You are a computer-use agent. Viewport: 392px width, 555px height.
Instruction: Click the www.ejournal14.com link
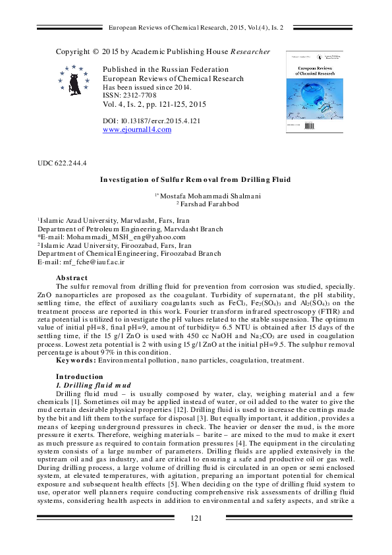137,130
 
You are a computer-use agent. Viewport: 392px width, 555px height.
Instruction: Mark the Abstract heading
72,278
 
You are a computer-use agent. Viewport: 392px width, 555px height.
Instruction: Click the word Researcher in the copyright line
250,51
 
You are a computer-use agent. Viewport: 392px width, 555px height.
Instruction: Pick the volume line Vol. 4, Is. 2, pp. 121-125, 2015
155,104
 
